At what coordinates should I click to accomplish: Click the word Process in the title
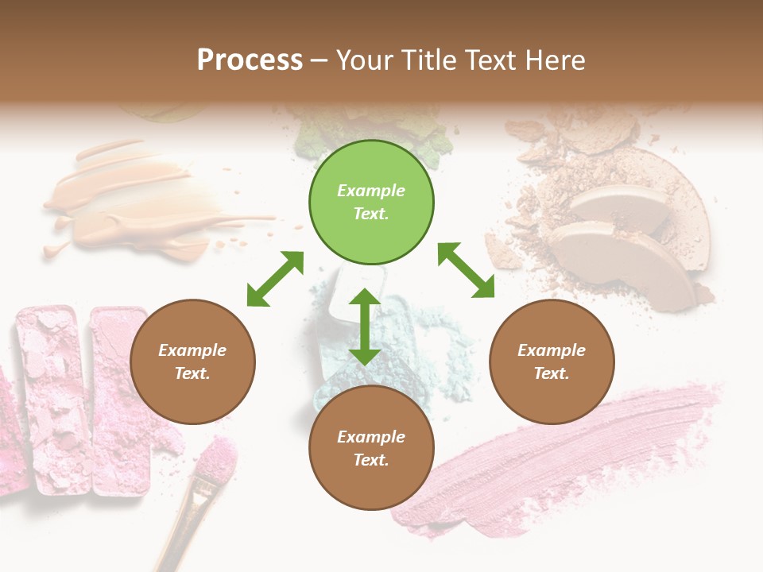pyautogui.click(x=250, y=60)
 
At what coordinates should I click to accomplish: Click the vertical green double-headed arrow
pyautogui.click(x=365, y=327)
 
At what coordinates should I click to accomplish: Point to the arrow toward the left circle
pyautogui.click(x=275, y=279)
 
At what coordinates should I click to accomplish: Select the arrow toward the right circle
pyautogui.click(x=467, y=270)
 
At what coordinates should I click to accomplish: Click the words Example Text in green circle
pyautogui.click(x=371, y=202)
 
